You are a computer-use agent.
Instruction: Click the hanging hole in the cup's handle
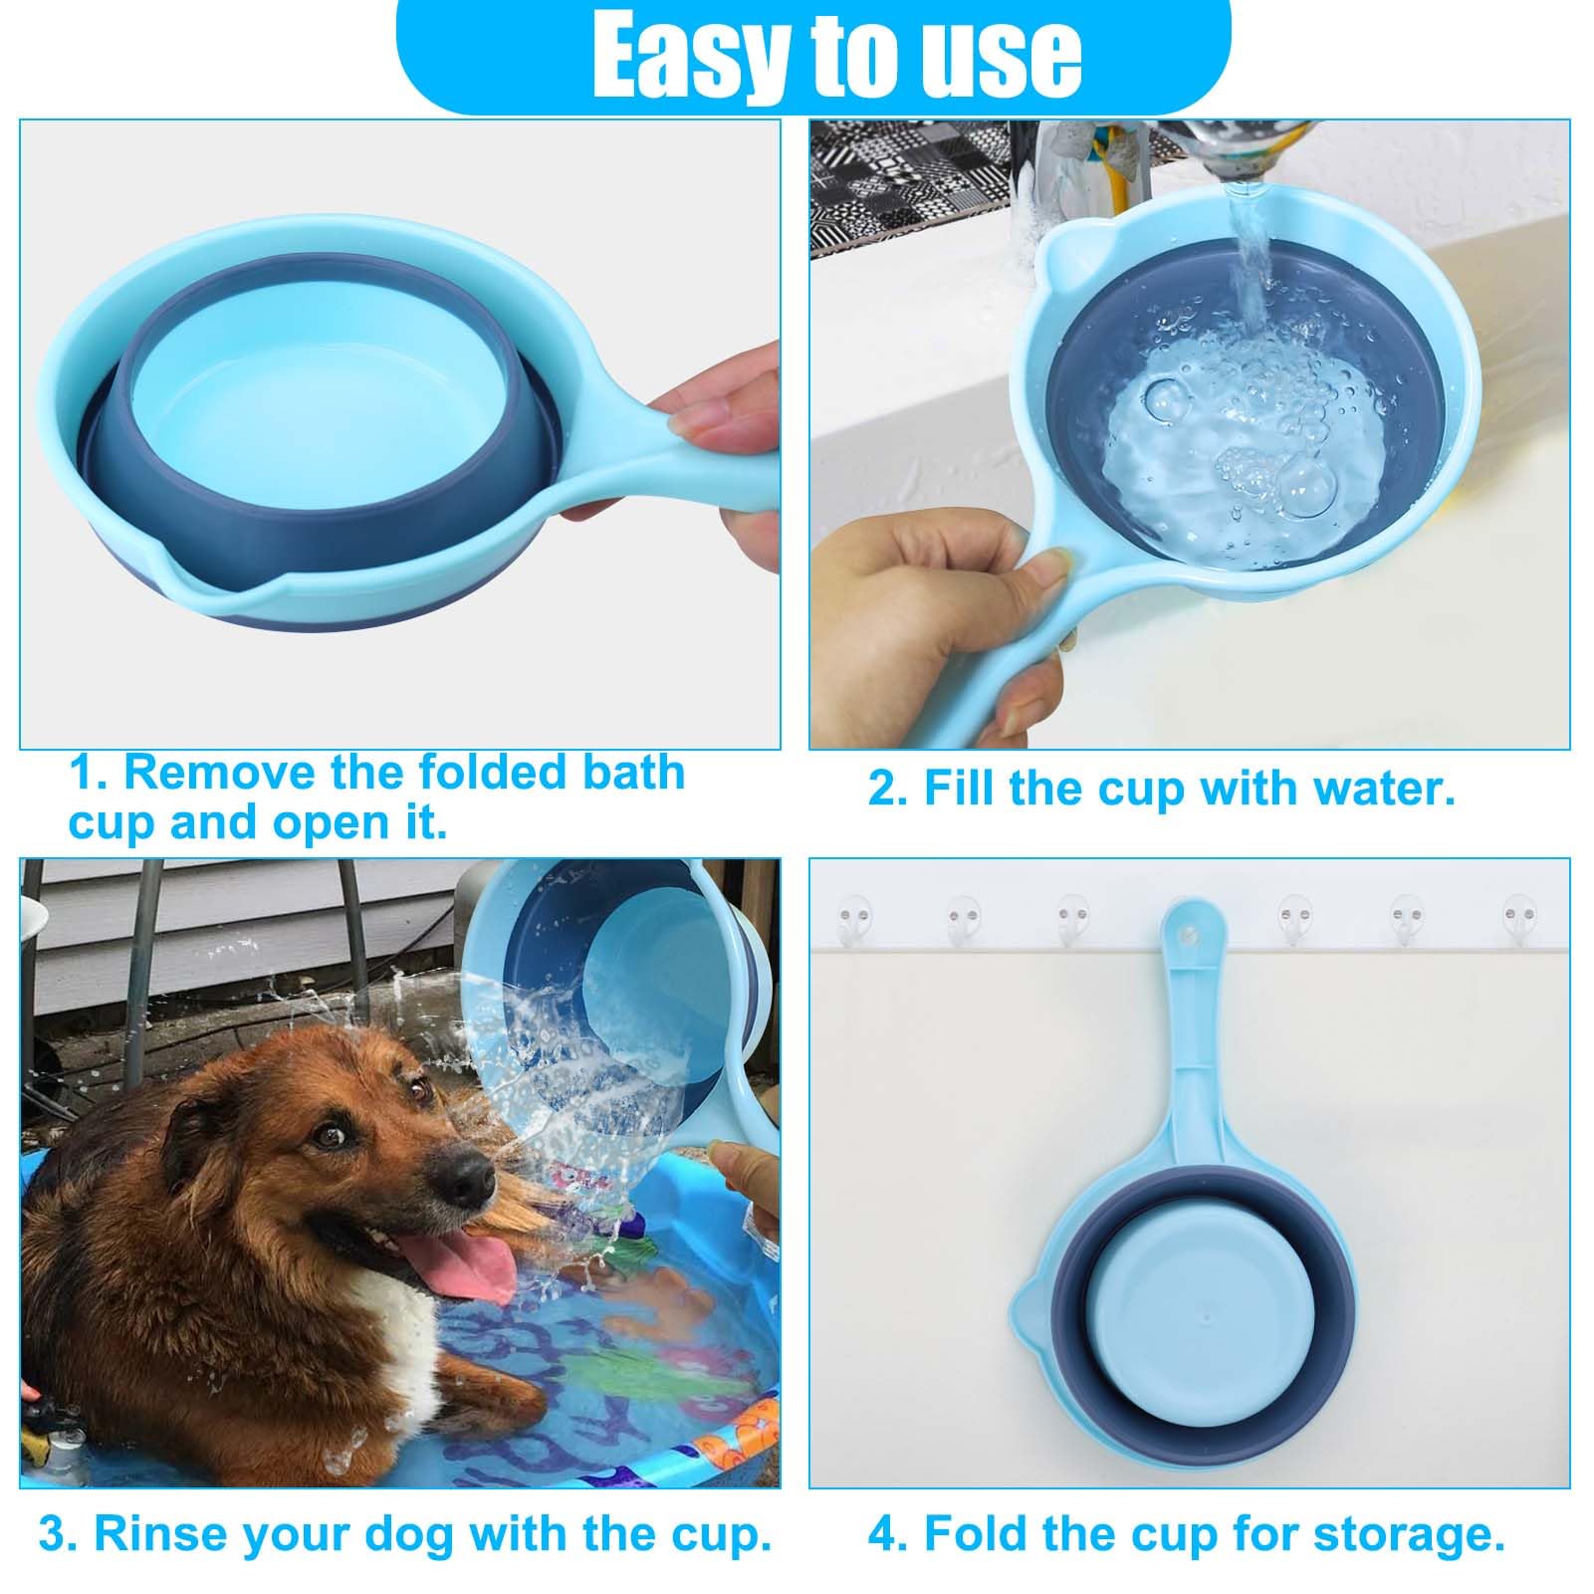1186,934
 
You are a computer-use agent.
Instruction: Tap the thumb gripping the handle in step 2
1035,574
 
